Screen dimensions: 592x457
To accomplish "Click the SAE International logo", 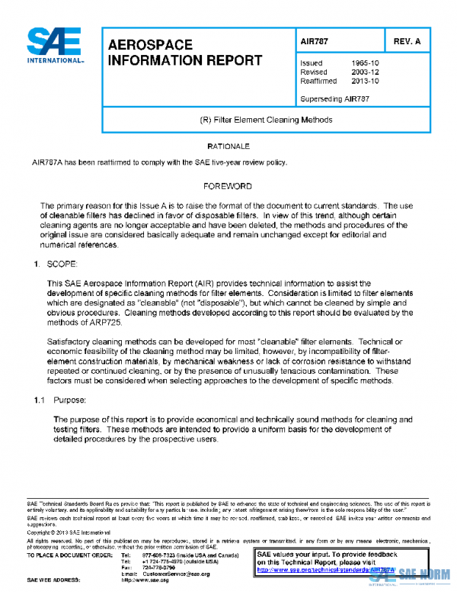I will pos(54,47).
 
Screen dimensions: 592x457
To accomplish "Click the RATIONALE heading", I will pos(228,145).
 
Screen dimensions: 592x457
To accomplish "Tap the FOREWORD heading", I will pos(228,186).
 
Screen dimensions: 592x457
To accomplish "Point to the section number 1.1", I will pos(40,400).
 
